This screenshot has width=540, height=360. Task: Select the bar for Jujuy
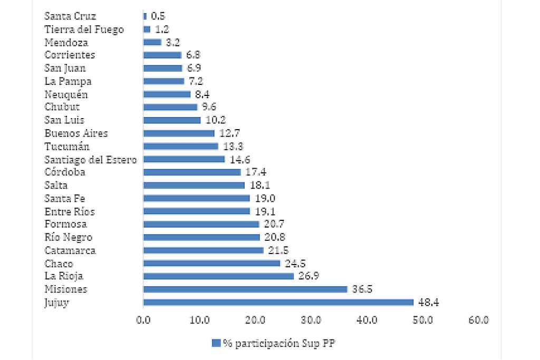pyautogui.click(x=278, y=302)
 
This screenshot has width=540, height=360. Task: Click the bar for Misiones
pyautogui.click(x=245, y=289)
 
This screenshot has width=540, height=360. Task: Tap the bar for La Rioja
pyautogui.click(x=218, y=276)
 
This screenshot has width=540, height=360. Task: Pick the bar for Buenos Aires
pyautogui.click(x=179, y=133)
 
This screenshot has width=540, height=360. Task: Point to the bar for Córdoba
pyautogui.click(x=192, y=172)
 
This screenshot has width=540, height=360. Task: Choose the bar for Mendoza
pyautogui.click(x=152, y=42)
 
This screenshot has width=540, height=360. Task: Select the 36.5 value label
pyautogui.click(x=363, y=289)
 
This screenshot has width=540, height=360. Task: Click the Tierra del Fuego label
pyautogui.click(x=84, y=30)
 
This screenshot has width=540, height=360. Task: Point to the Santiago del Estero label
pyautogui.click(x=91, y=159)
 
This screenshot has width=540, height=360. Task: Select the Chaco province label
pyautogui.click(x=59, y=264)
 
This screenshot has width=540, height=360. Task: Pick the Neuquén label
pyautogui.click(x=66, y=94)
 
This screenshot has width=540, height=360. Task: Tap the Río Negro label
pyautogui.click(x=69, y=237)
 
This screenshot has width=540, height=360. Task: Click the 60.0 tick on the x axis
pyautogui.click(x=479, y=320)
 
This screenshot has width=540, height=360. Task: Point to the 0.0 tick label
pyautogui.click(x=143, y=320)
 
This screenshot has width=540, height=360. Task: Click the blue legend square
pyautogui.click(x=216, y=343)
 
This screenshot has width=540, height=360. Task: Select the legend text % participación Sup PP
pyautogui.click(x=279, y=343)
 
